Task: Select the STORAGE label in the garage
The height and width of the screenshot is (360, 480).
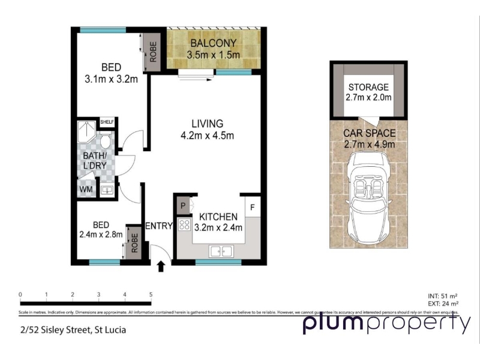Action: coord(368,88)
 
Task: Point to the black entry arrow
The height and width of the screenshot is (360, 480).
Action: coord(161,266)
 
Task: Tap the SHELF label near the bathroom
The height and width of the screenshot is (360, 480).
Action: coord(107,122)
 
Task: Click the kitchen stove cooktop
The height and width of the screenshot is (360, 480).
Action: coord(185,226)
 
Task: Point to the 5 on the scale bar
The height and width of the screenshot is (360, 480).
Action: coord(151,295)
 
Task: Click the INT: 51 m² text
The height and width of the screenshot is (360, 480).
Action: coord(443,296)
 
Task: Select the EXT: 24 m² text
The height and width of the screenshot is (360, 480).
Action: coord(443,304)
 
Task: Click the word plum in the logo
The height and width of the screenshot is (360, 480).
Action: coord(333,325)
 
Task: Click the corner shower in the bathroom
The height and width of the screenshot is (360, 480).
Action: coord(87,132)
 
